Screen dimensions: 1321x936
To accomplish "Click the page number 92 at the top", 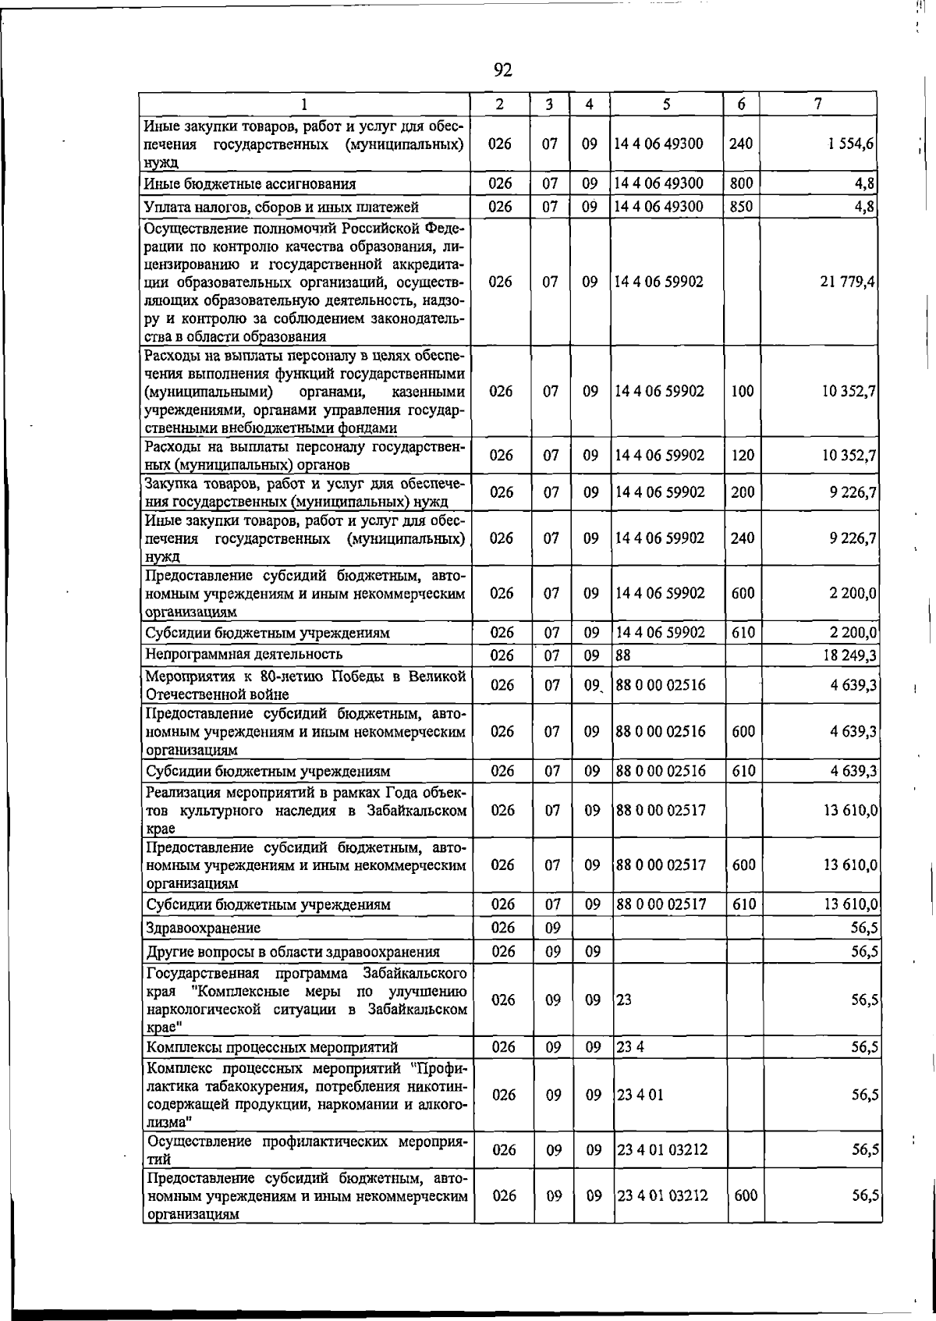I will (x=503, y=71).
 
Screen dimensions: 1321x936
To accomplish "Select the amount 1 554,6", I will (x=851, y=144).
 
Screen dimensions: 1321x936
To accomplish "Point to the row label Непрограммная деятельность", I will (x=244, y=654).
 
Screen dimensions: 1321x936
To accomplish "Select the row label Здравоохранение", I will (x=204, y=928).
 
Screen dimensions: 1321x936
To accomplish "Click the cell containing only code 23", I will (x=625, y=1000).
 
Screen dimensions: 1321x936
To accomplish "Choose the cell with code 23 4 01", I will (x=640, y=1095).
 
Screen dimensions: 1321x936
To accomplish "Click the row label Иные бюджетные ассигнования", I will (x=250, y=184).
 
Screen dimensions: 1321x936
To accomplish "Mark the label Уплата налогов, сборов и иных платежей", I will (x=282, y=207).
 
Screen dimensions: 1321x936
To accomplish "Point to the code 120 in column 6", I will (x=743, y=455).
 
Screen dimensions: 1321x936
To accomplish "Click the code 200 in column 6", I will (x=743, y=492).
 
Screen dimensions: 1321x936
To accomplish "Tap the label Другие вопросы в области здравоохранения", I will (x=292, y=952).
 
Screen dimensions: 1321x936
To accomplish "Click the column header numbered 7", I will (x=817, y=104).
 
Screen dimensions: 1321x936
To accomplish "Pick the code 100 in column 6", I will (x=743, y=392).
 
